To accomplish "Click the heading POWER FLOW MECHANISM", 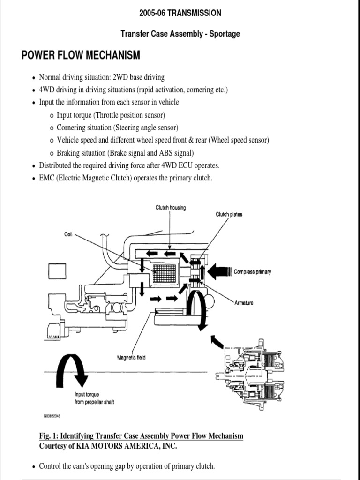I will [x=81, y=56].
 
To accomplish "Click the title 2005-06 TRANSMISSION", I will [x=180, y=13].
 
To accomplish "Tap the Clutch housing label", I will [x=171, y=208].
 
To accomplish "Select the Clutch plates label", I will [x=229, y=215].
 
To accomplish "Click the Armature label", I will [x=244, y=303].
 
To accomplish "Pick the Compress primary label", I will [x=252, y=272].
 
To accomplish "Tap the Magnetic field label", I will [x=131, y=358].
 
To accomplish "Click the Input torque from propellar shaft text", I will [x=94, y=398].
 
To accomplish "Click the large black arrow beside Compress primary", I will [x=217, y=271].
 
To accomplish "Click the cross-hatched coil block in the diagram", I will [x=164, y=274].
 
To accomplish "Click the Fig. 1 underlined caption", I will [x=141, y=436].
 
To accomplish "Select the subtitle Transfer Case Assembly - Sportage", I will [x=180, y=34].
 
